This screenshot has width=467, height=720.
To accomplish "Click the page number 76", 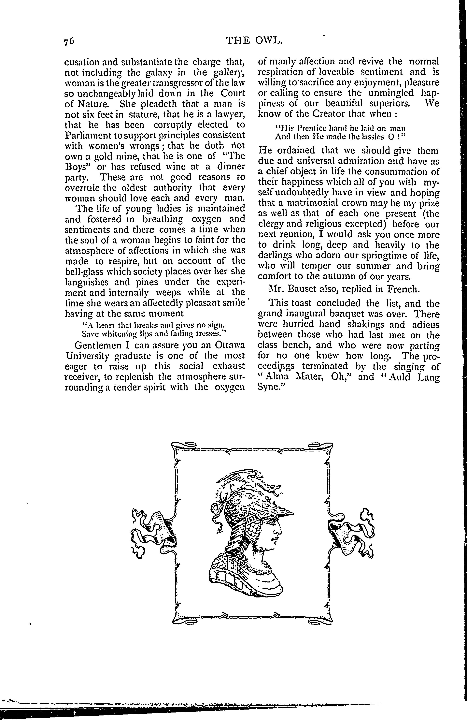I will (x=69, y=41).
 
